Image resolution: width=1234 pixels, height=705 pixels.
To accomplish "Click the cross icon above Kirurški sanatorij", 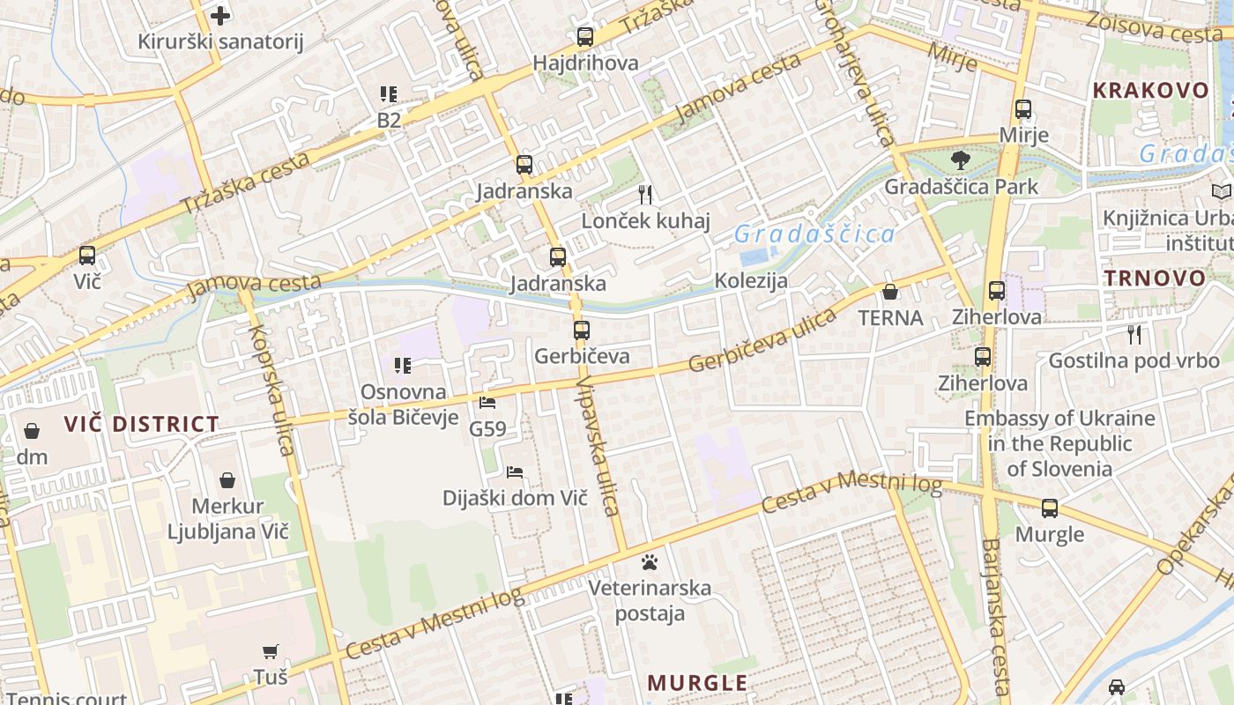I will (x=220, y=15).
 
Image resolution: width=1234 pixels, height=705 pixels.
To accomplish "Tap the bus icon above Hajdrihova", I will (x=585, y=37).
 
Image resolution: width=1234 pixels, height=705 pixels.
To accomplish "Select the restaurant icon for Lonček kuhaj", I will (x=645, y=195).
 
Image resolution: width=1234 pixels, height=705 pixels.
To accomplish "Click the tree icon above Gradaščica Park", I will (x=960, y=160).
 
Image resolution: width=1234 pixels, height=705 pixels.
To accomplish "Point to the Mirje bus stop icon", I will (x=1023, y=110).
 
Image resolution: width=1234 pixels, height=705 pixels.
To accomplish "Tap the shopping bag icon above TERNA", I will (x=890, y=292).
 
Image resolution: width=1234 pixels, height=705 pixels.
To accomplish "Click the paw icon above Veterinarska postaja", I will (x=650, y=561).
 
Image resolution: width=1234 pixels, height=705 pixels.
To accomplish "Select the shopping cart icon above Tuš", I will (x=271, y=651).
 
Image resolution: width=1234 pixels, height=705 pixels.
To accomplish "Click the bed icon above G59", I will (x=487, y=403).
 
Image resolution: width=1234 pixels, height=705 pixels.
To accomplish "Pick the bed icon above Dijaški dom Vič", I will (x=516, y=472).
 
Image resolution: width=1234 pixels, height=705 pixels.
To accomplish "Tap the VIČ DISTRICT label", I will (x=141, y=424).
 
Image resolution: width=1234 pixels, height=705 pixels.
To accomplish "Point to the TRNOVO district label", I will (x=1155, y=278).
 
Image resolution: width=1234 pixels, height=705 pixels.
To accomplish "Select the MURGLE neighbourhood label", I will (x=697, y=683).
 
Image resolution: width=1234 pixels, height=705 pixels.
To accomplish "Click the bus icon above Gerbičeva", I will (x=582, y=330).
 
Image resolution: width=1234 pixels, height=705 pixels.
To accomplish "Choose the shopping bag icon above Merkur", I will (x=227, y=480).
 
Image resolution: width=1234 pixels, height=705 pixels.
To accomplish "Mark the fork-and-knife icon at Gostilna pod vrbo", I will (x=1134, y=334).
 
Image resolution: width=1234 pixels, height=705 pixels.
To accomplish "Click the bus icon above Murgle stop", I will (x=1050, y=508).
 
